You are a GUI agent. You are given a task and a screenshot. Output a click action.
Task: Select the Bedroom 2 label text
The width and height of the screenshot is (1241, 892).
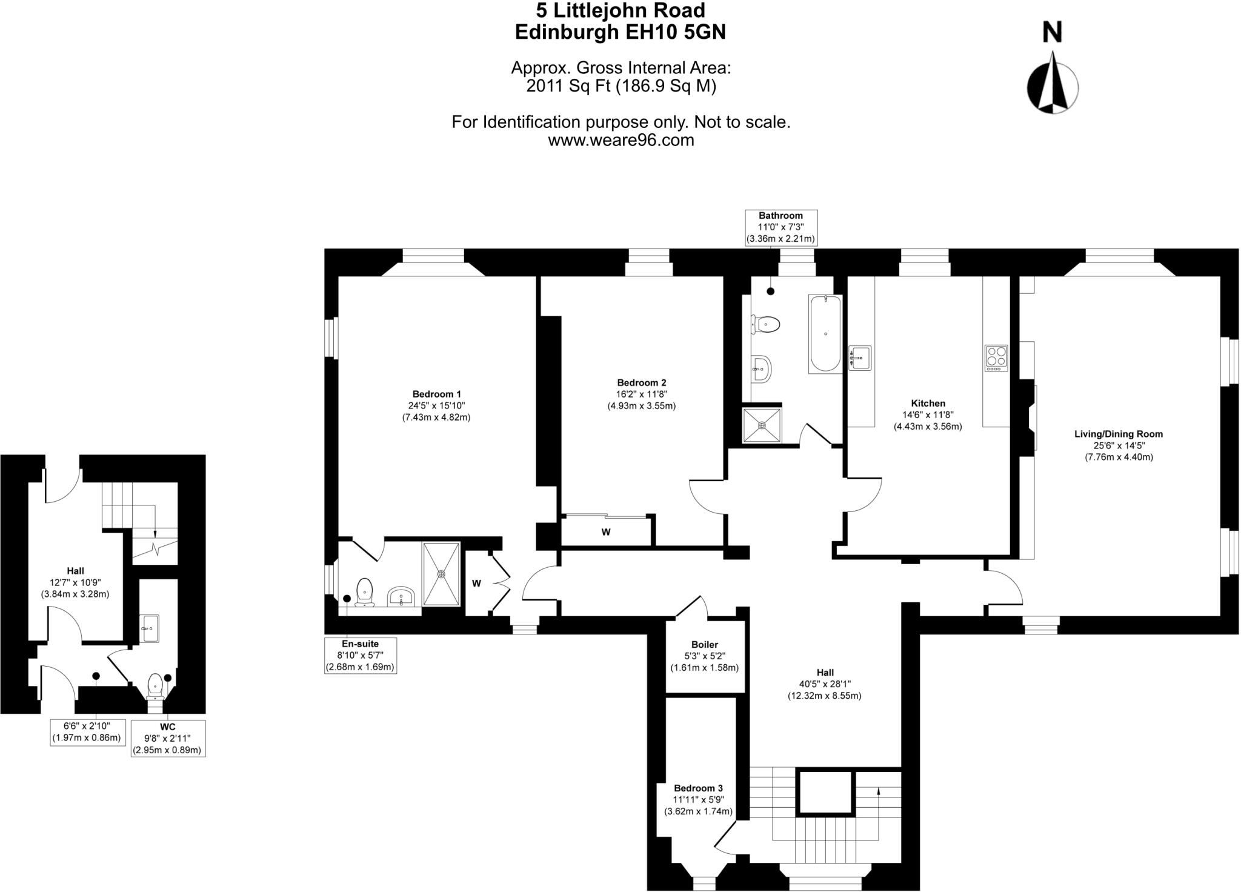pos(642,383)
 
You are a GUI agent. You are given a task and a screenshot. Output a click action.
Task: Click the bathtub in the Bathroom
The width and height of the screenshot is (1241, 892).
pos(825,333)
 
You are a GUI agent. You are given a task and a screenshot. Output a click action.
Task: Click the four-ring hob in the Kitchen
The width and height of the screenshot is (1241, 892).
pos(996,358)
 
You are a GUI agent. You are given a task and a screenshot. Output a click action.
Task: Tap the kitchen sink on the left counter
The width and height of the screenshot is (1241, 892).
pos(860,358)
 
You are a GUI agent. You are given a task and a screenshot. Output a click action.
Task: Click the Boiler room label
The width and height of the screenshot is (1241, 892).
pos(705,645)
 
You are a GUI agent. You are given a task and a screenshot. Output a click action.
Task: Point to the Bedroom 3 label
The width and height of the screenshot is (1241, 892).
pos(698,788)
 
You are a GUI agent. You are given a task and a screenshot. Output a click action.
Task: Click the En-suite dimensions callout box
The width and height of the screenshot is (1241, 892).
pos(361,655)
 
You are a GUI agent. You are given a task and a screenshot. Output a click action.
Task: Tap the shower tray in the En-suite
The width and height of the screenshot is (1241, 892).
pos(441,573)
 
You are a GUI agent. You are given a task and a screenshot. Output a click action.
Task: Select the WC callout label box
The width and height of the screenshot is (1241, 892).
pos(168,738)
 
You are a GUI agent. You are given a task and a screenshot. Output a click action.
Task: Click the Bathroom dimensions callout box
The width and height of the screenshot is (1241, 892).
pos(781,227)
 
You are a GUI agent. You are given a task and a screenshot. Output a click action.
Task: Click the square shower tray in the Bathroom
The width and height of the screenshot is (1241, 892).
pos(762,425)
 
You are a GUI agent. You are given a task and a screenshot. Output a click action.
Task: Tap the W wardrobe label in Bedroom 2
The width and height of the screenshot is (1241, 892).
pos(605,532)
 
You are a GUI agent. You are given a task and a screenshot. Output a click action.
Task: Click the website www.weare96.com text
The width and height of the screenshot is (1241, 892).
pos(621,141)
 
